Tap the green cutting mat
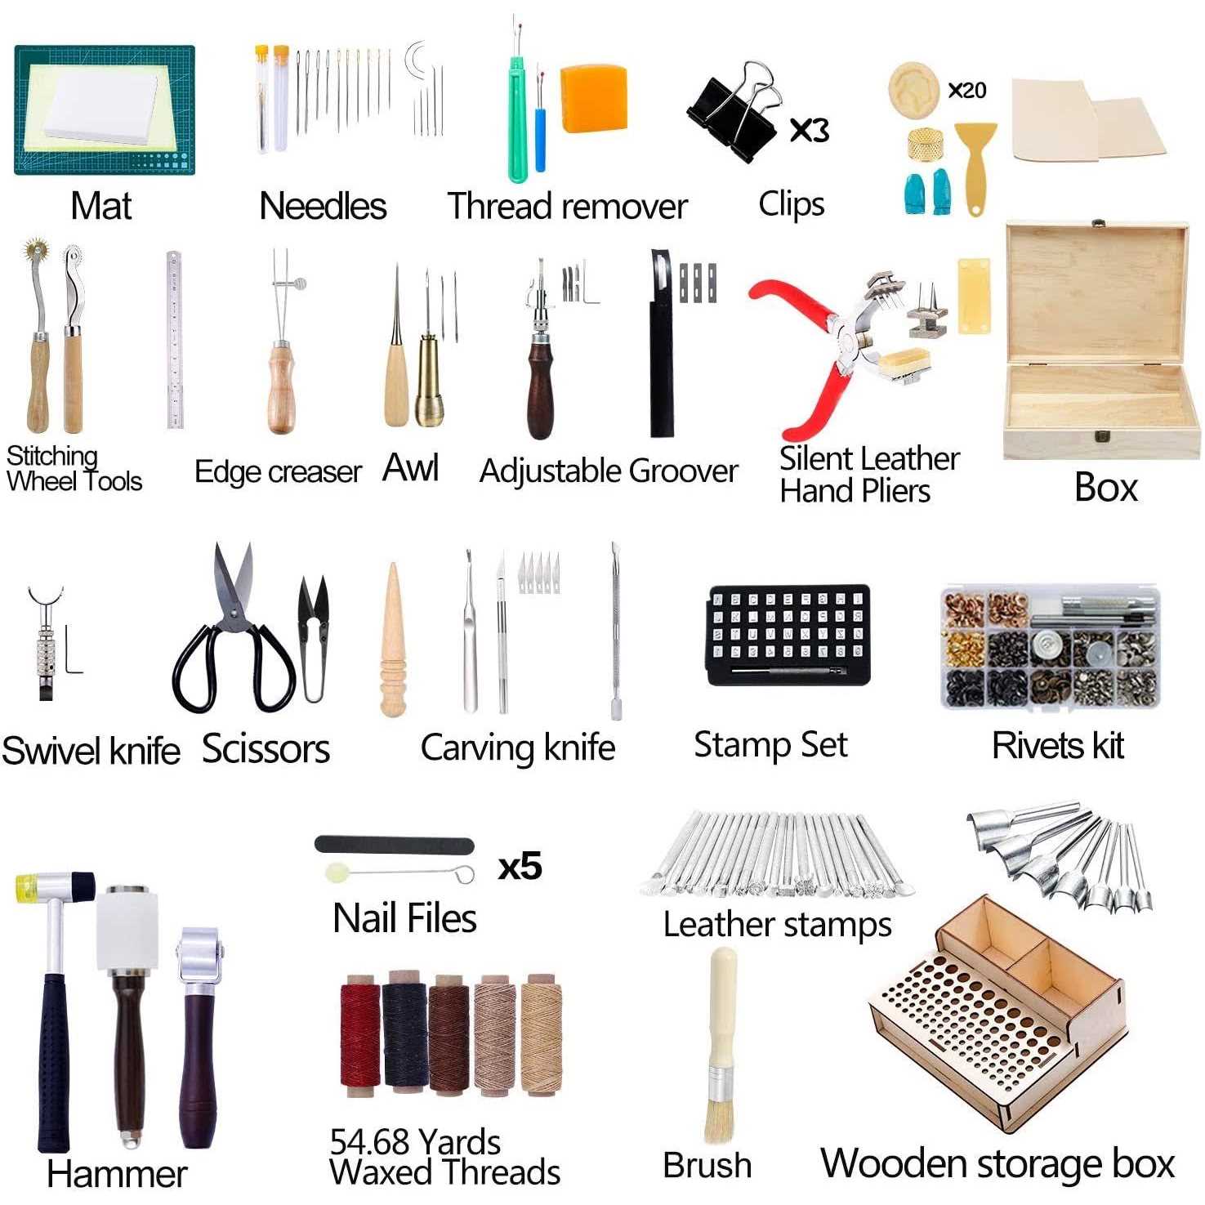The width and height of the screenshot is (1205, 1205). tap(105, 109)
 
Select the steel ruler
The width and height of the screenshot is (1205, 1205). tap(174, 339)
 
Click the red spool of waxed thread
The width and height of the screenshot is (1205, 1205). tap(361, 1037)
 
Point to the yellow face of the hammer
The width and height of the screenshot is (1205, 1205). tap(26, 887)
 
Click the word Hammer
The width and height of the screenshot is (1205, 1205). tap(117, 1175)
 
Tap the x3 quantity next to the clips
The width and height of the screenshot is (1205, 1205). tap(809, 130)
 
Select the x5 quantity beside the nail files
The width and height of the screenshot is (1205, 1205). tap(520, 866)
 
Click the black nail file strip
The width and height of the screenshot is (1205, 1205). tap(394, 845)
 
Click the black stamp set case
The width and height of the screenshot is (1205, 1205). tap(788, 634)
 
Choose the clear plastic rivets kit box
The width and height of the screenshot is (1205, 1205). tap(1051, 646)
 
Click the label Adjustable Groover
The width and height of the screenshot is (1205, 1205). tap(609, 471)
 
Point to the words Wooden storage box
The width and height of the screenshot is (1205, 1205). tap(997, 1163)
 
